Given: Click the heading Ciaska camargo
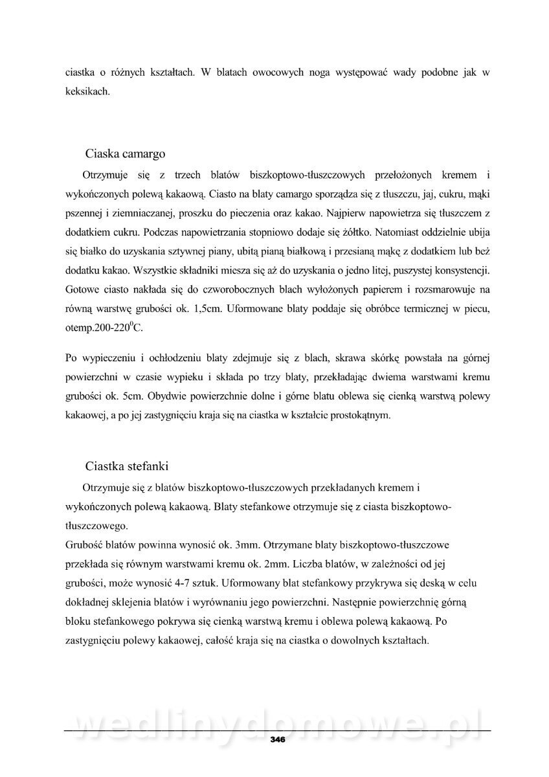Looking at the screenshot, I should [x=125, y=154].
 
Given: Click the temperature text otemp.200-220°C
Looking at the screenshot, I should [x=104, y=328].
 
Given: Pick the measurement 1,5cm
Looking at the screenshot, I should [x=208, y=309].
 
